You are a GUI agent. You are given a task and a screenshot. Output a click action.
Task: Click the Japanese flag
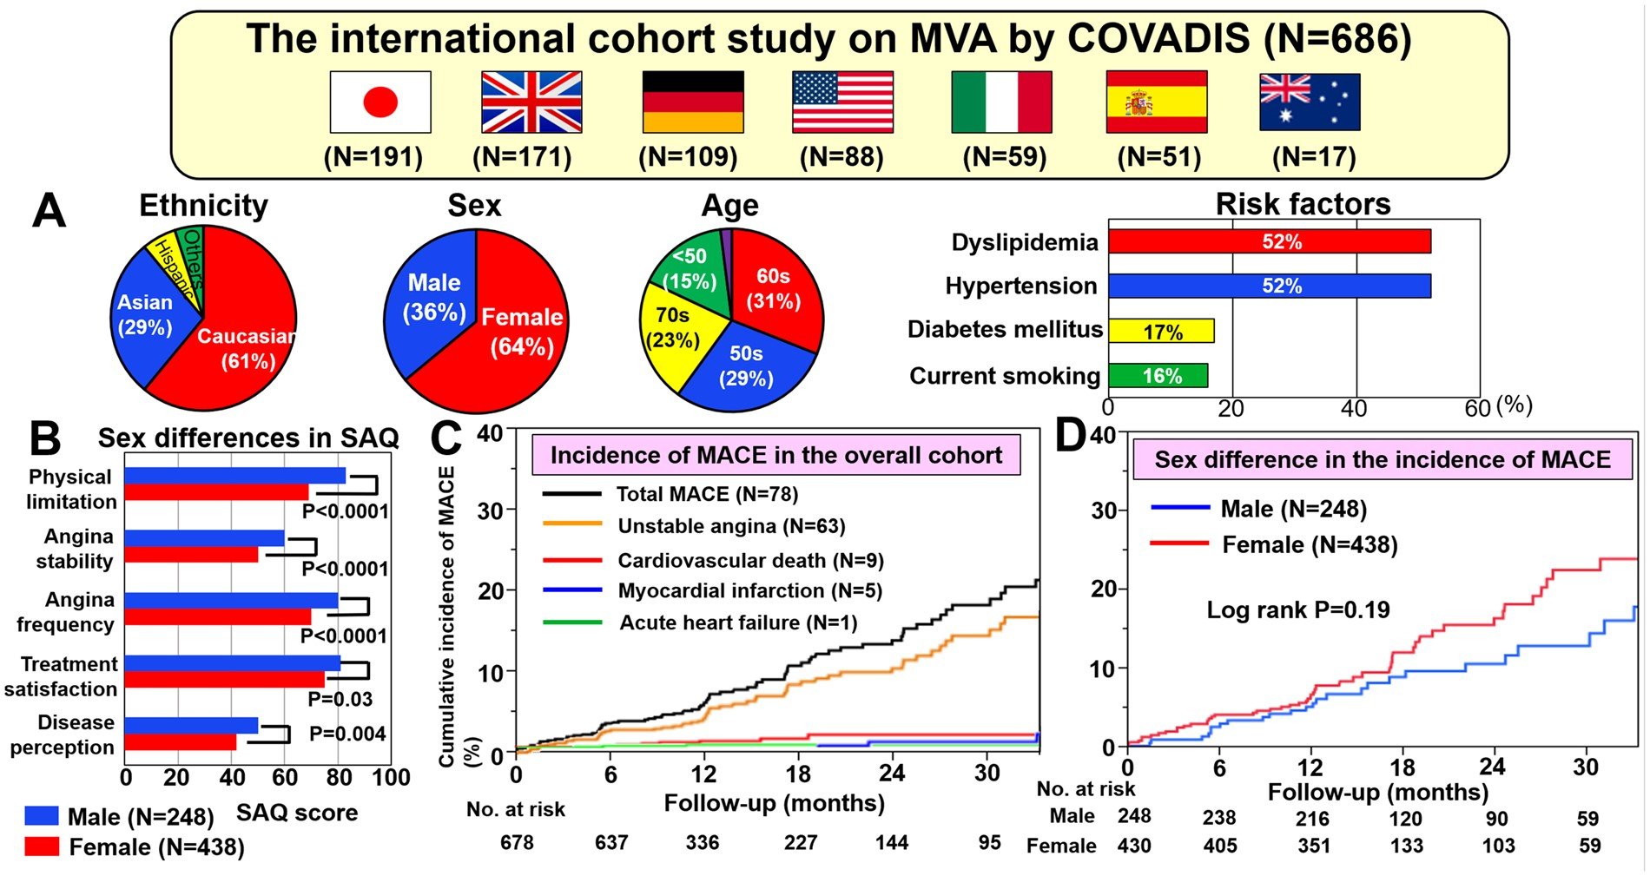pyautogui.click(x=380, y=102)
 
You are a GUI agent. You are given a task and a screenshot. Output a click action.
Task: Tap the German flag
pyautogui.click(x=693, y=102)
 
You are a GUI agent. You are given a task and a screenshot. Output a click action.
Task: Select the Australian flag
pyautogui.click(x=1310, y=102)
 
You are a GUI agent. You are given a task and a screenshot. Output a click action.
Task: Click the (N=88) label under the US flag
pyautogui.click(x=841, y=157)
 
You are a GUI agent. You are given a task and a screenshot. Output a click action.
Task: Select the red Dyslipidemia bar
pyautogui.click(x=1269, y=241)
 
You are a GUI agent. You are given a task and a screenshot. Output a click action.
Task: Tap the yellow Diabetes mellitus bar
pyautogui.click(x=1161, y=331)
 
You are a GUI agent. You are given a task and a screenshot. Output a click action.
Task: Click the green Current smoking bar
pyautogui.click(x=1158, y=375)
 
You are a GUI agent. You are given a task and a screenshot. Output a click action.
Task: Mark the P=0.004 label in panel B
pyautogui.click(x=347, y=734)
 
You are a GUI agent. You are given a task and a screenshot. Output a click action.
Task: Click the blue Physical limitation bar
pyautogui.click(x=234, y=476)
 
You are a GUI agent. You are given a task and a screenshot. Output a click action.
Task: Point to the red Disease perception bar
pyautogui.click(x=180, y=742)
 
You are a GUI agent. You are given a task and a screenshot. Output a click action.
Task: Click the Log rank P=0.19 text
pyautogui.click(x=1298, y=609)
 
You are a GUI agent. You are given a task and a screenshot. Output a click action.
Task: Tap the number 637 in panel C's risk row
pyautogui.click(x=611, y=842)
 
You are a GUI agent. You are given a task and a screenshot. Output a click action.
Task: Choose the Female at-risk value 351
pyautogui.click(x=1313, y=846)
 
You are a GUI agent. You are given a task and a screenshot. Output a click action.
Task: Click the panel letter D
pyautogui.click(x=1071, y=436)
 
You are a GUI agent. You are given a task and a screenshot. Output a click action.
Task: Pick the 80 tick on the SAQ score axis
pyautogui.click(x=340, y=777)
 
